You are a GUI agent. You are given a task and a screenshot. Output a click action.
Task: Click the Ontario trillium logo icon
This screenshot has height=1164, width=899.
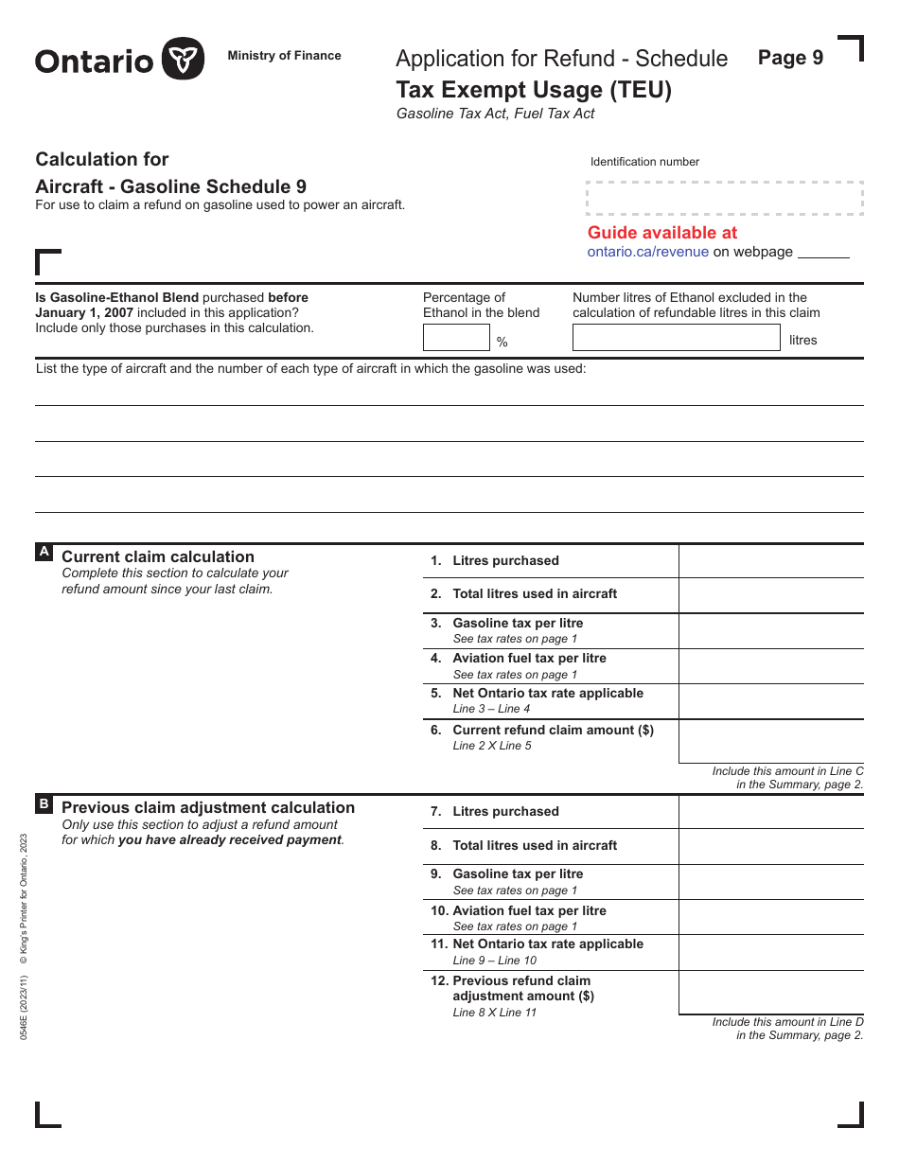click(183, 60)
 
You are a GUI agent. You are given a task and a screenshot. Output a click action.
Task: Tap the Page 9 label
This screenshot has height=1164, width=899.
click(790, 58)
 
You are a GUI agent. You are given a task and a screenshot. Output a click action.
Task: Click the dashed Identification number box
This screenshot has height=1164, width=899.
click(725, 198)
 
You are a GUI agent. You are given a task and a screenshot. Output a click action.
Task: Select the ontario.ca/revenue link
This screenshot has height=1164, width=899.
click(647, 252)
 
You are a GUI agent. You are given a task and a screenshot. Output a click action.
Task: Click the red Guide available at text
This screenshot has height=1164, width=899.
click(661, 233)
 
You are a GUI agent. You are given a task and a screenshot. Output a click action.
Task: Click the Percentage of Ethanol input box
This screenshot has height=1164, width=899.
click(455, 338)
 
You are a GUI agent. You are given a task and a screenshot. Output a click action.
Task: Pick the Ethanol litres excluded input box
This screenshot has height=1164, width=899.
click(675, 338)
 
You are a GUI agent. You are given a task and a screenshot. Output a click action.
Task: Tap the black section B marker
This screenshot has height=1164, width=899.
click(44, 803)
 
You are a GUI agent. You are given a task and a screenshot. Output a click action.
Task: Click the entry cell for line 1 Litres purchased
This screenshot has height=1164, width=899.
click(770, 561)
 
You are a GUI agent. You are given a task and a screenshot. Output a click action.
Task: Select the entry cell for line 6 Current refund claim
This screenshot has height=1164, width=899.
click(770, 741)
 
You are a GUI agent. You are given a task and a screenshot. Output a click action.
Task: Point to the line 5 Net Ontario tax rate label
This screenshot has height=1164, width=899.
click(547, 694)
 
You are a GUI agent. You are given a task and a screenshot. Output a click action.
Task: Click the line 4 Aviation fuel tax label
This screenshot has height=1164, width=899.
click(529, 659)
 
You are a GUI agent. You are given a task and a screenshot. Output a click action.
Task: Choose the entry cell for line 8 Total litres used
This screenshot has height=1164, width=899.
click(770, 846)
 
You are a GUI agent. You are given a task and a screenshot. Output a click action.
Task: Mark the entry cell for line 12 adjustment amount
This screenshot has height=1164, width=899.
click(770, 993)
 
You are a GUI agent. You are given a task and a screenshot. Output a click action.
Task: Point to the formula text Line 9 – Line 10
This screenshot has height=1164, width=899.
click(494, 961)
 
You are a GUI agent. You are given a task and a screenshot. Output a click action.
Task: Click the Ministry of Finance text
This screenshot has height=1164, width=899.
click(284, 56)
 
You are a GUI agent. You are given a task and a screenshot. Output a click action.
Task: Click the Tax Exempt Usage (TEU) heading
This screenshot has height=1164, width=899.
click(533, 90)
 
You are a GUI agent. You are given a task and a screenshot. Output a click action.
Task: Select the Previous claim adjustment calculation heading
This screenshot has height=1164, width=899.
click(208, 807)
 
